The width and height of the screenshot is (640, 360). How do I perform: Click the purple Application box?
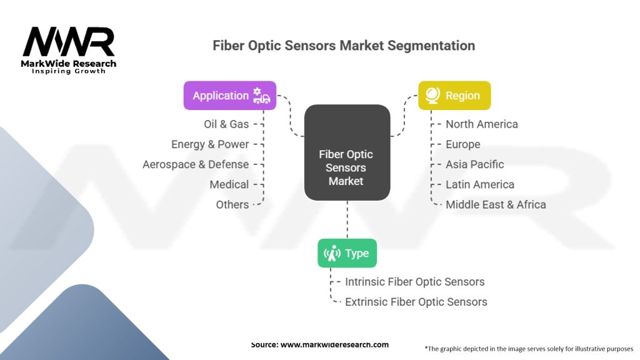point(229,96)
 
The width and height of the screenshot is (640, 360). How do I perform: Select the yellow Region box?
point(454,96)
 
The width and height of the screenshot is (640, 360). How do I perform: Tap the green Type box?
point(347,253)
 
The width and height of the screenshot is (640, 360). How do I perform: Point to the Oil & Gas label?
point(226,124)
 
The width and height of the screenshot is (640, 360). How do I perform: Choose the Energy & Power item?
point(210,144)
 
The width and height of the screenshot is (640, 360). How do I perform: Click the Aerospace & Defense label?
point(196,164)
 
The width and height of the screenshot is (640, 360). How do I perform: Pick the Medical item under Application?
point(229,184)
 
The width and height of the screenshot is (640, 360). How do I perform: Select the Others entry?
point(232,204)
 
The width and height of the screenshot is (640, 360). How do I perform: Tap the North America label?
point(481,124)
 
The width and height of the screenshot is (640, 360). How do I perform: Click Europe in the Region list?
point(462,144)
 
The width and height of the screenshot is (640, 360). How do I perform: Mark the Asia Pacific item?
point(474,164)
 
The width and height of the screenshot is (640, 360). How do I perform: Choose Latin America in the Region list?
point(479,184)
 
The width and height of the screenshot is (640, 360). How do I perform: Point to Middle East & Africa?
point(496,204)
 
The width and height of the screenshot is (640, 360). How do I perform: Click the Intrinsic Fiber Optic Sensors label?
point(414,282)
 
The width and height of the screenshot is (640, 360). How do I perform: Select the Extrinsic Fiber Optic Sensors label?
point(416,302)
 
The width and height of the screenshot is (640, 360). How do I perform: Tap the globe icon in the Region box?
point(432,96)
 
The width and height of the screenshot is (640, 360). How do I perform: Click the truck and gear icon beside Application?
point(261,96)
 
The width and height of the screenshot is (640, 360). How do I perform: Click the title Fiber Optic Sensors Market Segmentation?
point(344,46)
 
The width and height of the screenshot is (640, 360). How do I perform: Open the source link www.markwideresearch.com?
point(334,344)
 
